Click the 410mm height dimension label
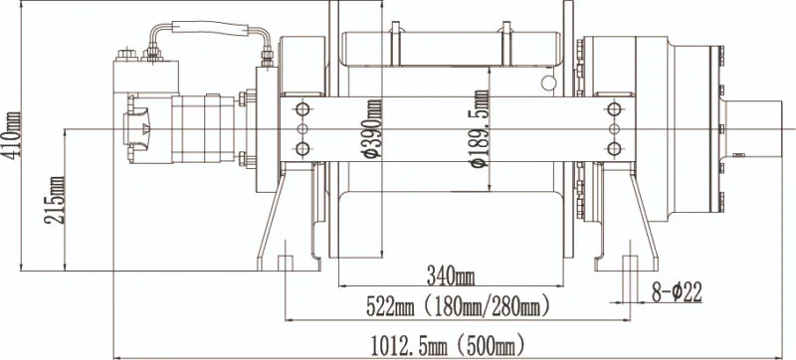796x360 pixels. click(x=11, y=135)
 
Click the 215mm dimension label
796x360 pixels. click(x=55, y=200)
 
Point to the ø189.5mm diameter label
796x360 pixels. click(x=480, y=129)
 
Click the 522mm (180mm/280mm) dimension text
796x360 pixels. click(x=458, y=307)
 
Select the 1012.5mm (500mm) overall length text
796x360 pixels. click(x=448, y=346)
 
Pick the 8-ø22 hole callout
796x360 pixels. click(x=677, y=292)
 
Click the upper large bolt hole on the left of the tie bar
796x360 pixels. click(x=302, y=109)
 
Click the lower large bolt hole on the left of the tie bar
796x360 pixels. click(x=302, y=149)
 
